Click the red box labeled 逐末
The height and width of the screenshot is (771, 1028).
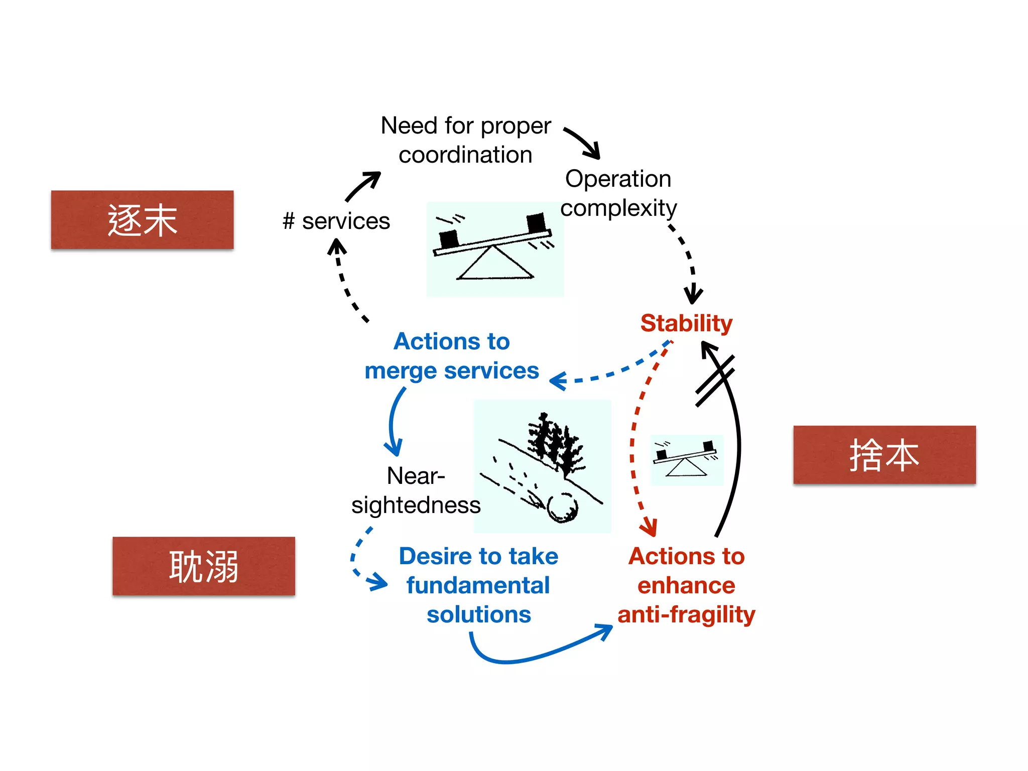[142, 220]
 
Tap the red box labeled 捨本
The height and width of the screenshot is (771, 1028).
[884, 455]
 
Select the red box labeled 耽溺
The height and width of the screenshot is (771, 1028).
[203, 566]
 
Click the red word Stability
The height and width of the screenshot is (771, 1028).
[686, 323]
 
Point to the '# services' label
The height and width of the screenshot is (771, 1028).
[336, 221]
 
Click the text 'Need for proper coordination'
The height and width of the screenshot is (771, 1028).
[465, 140]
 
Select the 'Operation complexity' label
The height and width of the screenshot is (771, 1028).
[618, 193]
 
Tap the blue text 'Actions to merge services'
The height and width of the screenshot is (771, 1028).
[452, 356]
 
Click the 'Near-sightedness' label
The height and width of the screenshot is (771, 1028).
[416, 490]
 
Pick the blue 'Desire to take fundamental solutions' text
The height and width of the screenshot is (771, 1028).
[478, 585]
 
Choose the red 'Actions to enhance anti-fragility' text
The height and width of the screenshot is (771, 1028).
[686, 585]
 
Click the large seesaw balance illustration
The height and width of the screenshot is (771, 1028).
[495, 249]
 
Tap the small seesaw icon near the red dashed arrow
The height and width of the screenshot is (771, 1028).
[687, 460]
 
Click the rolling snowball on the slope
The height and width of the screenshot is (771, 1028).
[563, 507]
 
